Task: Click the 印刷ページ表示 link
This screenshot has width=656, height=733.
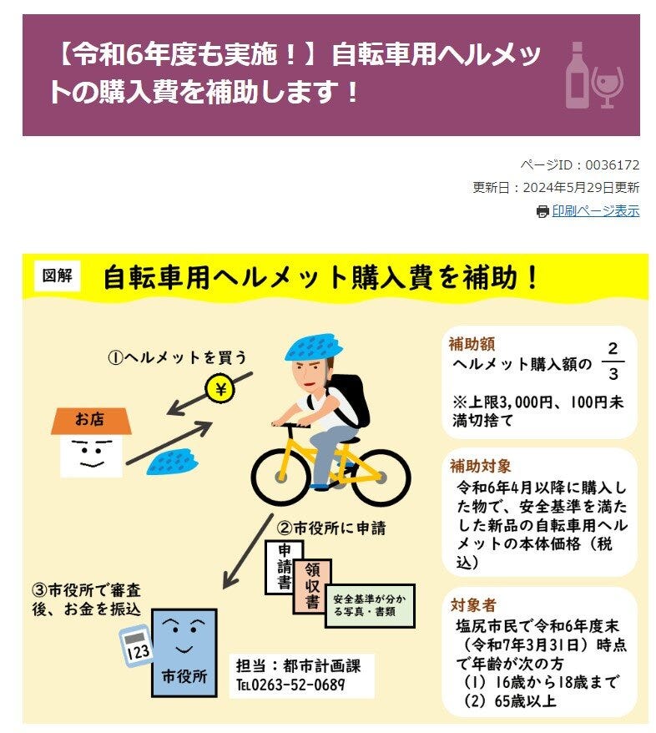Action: (595, 211)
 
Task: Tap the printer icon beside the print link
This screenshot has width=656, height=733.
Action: (542, 212)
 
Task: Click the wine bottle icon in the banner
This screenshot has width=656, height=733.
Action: (577, 75)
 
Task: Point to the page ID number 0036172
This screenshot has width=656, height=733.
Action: (612, 165)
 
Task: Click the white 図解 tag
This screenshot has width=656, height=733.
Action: (57, 276)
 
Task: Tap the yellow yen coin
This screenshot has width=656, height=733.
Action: (220, 389)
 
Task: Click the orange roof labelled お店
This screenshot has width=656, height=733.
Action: (91, 420)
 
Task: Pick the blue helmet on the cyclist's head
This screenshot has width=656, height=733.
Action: (313, 346)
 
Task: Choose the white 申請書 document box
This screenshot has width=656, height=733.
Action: (284, 567)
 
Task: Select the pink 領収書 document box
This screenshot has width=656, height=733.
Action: (312, 586)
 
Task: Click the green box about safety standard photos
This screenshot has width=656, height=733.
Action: (370, 605)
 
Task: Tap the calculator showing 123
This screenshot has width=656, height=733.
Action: (135, 645)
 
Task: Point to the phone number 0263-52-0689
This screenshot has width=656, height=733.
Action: (298, 685)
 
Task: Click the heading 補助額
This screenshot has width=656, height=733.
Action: (472, 344)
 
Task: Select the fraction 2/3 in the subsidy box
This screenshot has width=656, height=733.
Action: (613, 361)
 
